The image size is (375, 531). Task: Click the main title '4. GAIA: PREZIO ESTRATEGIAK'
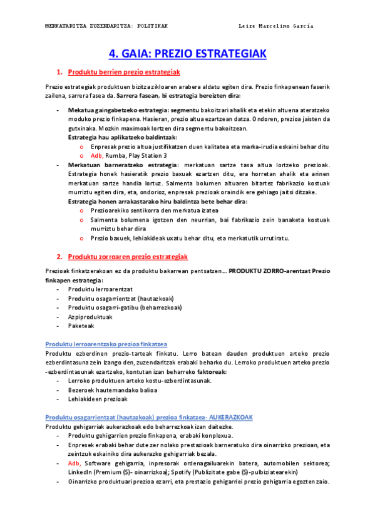(x=188, y=54)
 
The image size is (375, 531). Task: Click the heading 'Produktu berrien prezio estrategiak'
(x=124, y=73)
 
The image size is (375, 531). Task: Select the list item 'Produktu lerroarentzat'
(x=100, y=289)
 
